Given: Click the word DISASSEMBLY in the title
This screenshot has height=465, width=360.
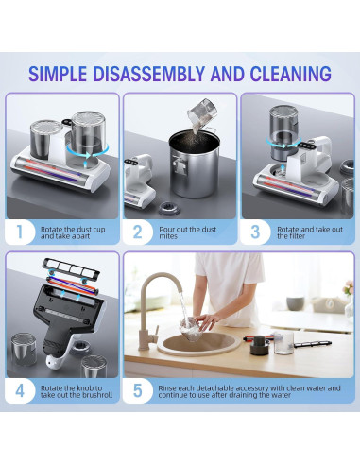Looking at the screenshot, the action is click(148, 74).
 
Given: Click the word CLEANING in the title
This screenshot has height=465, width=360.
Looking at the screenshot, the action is click(291, 74).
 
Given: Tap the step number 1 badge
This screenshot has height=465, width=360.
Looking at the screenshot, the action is click(20, 232).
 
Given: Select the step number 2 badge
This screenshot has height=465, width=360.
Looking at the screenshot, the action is click(137, 232).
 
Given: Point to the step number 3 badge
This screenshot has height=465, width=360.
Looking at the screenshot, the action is click(255, 232).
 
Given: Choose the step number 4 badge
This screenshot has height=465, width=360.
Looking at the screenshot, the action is click(20, 391).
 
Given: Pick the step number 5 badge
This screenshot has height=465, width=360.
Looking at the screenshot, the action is click(137, 391).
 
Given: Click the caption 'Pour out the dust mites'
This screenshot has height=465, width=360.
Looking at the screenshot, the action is click(187, 232).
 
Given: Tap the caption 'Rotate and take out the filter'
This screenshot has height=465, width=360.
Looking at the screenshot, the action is click(310, 232).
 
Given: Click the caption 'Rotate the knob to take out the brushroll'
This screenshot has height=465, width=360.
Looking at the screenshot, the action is click(77, 391).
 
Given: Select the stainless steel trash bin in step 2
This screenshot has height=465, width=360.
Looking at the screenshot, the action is click(195, 164).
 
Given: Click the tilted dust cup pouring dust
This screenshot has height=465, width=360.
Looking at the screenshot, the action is click(202, 112).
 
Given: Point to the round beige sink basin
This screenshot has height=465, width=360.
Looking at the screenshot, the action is click(198, 343).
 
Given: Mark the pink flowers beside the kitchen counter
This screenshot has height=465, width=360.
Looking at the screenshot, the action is click(348, 287).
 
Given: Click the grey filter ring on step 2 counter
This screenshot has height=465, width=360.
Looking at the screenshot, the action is click(169, 209).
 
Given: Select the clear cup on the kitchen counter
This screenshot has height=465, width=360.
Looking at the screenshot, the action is click(283, 343).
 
